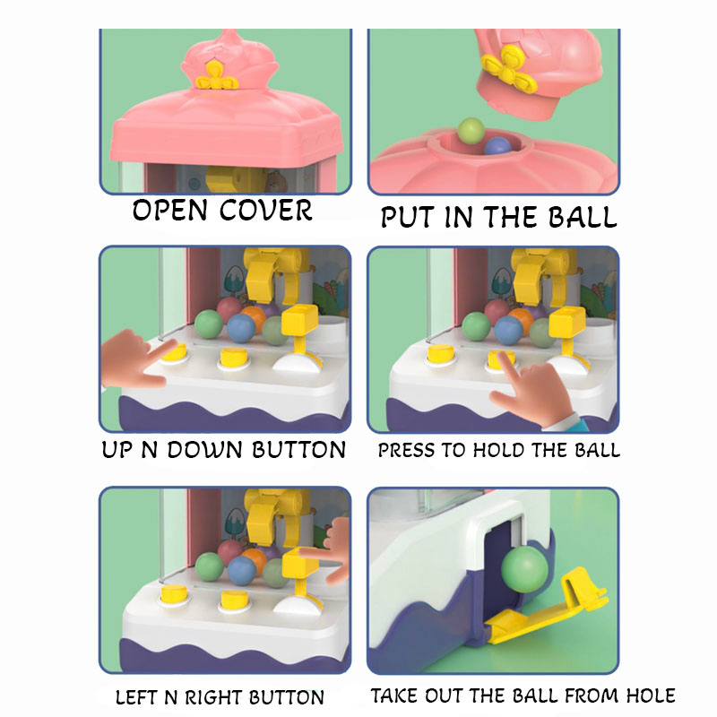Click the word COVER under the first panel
(265, 211)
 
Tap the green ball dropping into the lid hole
(471, 130)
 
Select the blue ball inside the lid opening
(497, 147)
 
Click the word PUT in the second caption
(408, 217)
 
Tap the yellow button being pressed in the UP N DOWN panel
(174, 351)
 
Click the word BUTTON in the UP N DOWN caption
(299, 450)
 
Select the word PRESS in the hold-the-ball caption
(407, 451)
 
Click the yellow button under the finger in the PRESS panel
(500, 359)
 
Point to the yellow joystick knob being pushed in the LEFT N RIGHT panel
(300, 561)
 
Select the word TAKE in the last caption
(393, 696)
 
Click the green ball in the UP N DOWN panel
(209, 324)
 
